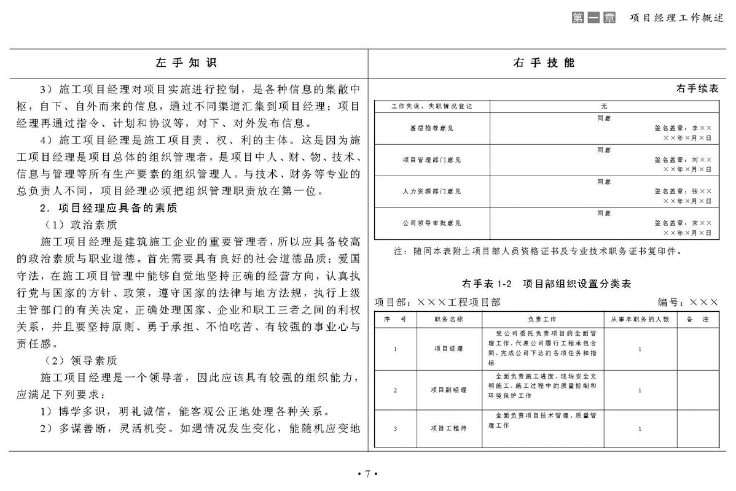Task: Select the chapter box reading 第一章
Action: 593,18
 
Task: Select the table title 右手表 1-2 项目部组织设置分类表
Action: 546,284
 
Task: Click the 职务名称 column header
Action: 448,320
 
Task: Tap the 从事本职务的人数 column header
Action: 640,320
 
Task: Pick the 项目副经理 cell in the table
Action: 448,390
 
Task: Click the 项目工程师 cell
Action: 448,428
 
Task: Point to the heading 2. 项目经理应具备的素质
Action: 108,208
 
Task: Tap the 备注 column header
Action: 697,320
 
